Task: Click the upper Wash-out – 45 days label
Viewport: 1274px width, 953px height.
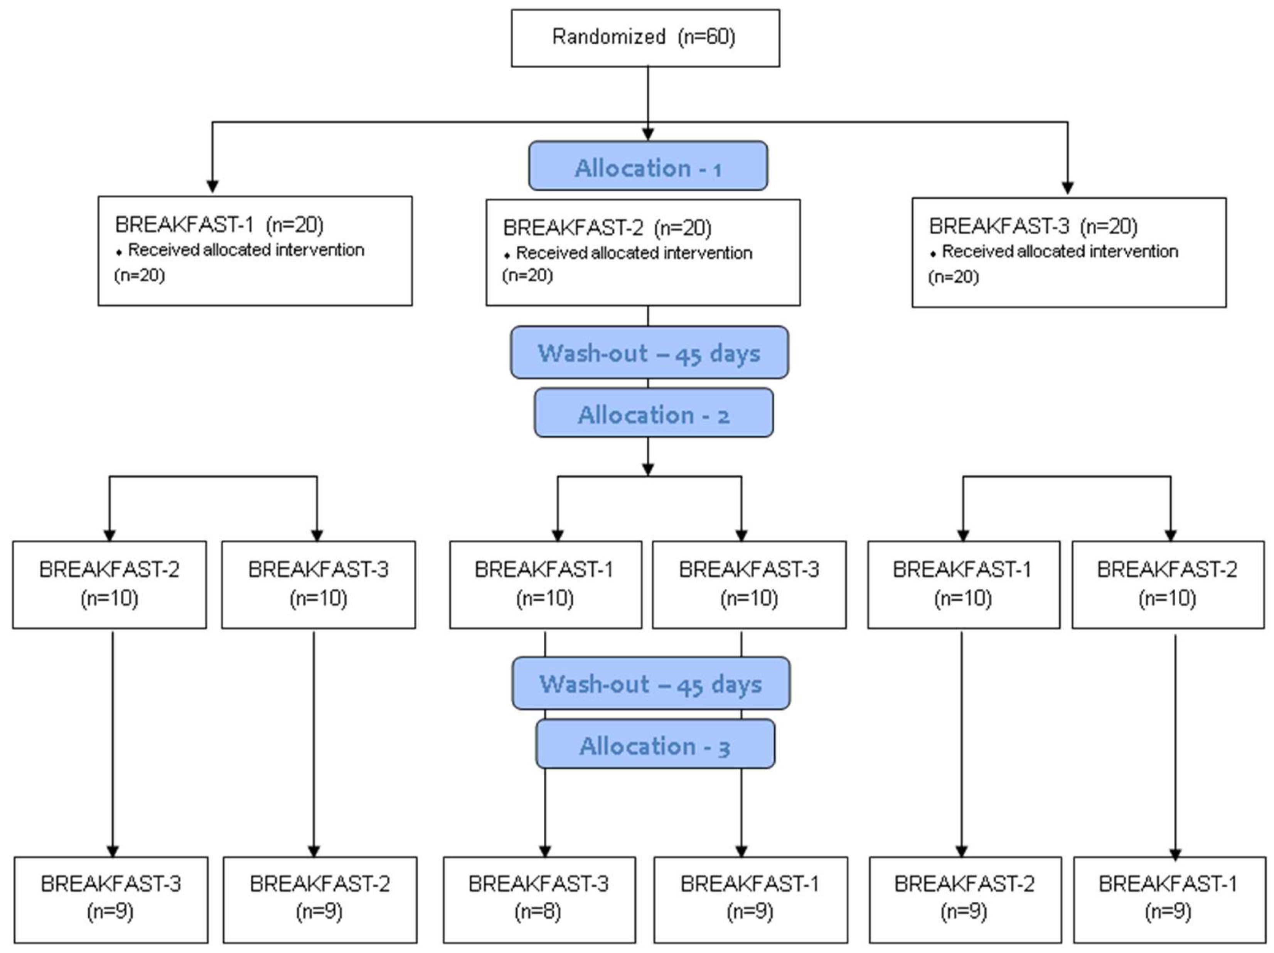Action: click(649, 353)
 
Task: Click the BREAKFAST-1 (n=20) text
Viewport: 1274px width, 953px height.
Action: click(219, 224)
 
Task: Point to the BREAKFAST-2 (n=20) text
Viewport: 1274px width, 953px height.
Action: click(607, 228)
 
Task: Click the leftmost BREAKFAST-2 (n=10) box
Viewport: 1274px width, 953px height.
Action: click(110, 584)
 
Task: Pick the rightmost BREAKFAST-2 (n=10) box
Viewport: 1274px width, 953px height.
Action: click(1168, 584)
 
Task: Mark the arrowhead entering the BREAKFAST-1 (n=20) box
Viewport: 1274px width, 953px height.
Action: click(212, 186)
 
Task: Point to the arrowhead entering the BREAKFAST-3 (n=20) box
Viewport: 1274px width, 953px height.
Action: click(1067, 188)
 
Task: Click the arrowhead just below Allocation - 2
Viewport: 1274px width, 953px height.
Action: click(648, 469)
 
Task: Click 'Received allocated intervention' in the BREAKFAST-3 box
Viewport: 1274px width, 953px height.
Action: click(1060, 251)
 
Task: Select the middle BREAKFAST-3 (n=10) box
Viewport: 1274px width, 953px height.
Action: click(749, 584)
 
